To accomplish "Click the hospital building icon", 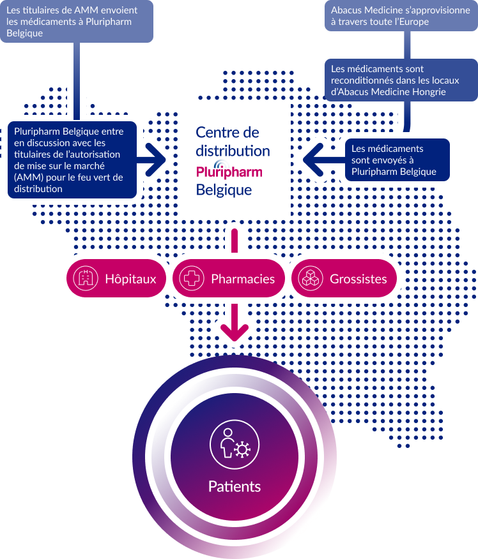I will click(x=84, y=279).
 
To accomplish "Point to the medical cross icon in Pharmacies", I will click(x=190, y=279).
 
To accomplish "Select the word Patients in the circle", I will click(x=235, y=486).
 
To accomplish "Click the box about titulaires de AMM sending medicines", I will click(x=77, y=20).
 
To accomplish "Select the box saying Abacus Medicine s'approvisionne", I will click(x=401, y=16).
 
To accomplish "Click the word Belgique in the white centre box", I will click(x=224, y=190).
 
